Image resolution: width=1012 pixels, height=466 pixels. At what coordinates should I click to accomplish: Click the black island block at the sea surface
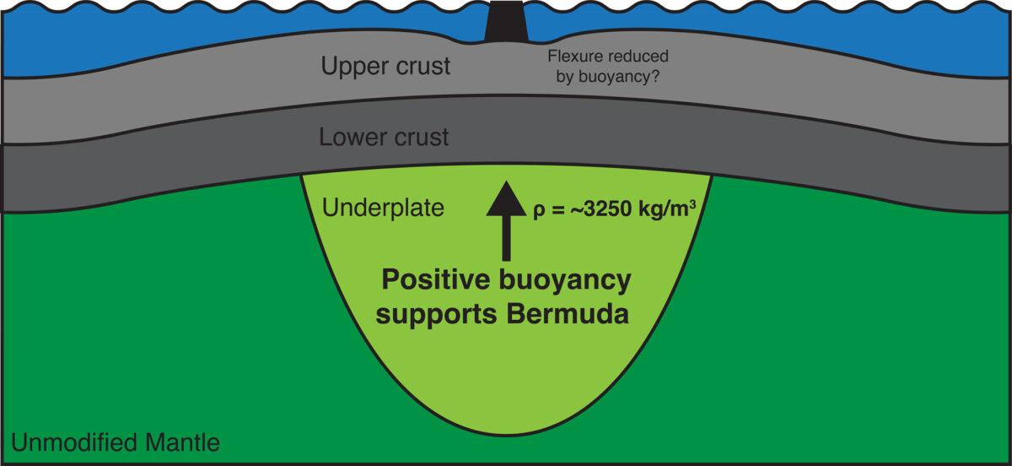[x=506, y=22]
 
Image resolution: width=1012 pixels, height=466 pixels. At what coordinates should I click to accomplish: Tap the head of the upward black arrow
[x=507, y=198]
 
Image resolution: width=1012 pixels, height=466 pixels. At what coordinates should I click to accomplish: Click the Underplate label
[x=383, y=209]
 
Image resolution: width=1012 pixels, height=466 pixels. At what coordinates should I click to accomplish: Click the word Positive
[x=436, y=279]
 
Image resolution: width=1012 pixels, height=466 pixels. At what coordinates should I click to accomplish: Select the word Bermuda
[x=568, y=314]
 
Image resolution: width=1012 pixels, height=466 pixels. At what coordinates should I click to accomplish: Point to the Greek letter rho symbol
[x=539, y=211]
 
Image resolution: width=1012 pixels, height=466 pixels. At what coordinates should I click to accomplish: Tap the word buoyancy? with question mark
[x=619, y=78]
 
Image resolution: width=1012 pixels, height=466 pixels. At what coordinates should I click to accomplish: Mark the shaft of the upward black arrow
[x=507, y=238]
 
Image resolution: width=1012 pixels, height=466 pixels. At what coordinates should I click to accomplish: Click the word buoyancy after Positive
[x=565, y=281]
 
